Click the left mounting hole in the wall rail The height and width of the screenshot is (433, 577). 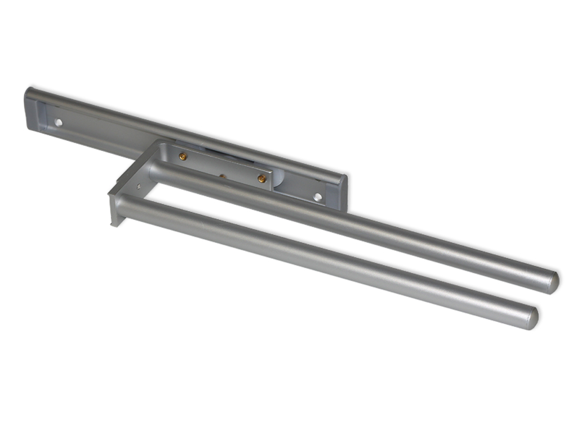(x=58, y=122)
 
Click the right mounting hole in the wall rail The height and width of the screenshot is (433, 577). (x=318, y=197)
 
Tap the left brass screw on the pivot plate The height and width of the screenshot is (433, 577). (x=183, y=156)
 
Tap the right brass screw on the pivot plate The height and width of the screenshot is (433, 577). (x=261, y=179)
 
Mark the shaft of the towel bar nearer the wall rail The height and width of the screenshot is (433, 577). (x=349, y=225)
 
